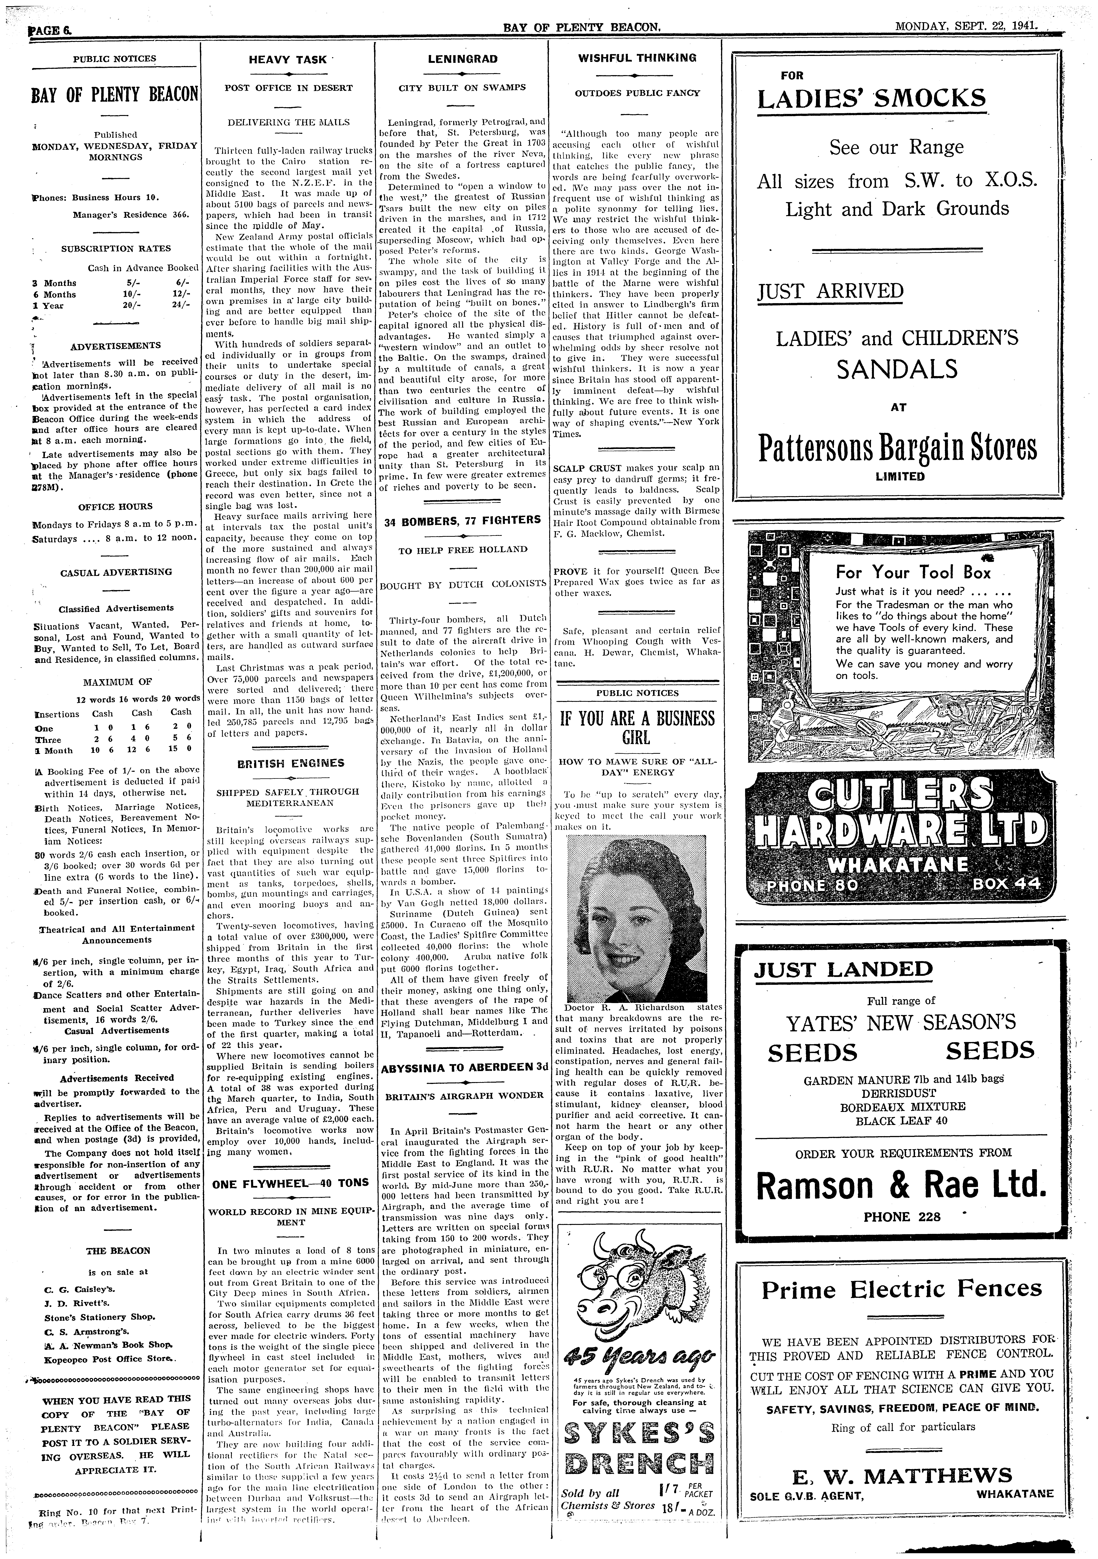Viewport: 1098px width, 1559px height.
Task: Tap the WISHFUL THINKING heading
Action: click(637, 58)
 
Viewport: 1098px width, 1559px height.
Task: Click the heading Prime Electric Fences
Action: click(901, 1288)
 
